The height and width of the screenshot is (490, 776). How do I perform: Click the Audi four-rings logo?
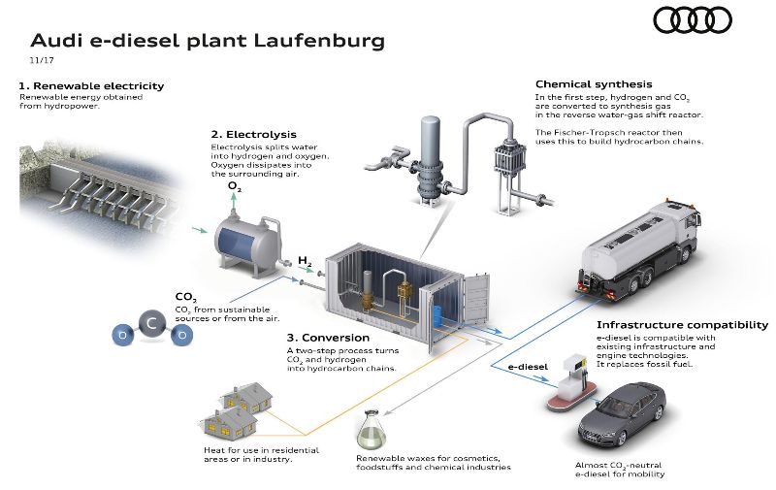[693, 21]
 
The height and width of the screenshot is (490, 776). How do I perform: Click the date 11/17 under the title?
[42, 60]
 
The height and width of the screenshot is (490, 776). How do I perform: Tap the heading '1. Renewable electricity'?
[91, 85]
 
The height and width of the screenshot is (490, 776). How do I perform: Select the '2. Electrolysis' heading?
[253, 134]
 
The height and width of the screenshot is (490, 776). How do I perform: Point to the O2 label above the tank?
[235, 186]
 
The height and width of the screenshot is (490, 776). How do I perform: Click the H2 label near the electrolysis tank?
[305, 261]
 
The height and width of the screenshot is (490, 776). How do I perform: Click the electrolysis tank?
[248, 244]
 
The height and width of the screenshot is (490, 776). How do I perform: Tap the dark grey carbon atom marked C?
[152, 324]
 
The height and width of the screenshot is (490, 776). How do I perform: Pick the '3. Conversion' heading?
[328, 338]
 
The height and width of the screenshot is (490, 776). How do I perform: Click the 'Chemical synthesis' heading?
[594, 84]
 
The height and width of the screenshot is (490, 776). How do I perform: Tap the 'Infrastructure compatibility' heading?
[683, 325]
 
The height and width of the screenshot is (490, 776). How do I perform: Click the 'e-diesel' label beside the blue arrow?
[528, 367]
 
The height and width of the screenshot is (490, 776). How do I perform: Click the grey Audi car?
[622, 414]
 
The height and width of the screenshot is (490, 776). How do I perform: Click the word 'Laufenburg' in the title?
[319, 41]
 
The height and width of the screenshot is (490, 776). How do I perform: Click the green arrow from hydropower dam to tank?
[200, 230]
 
